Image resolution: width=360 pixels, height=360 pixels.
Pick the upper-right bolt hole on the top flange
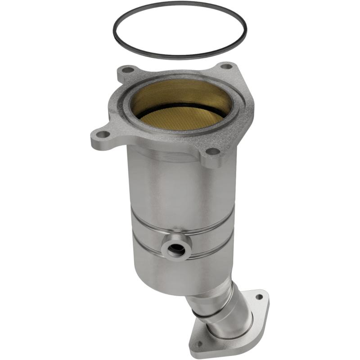point(227,67)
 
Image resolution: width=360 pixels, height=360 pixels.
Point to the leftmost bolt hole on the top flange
point(103,134)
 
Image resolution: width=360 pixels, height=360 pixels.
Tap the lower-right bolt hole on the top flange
point(212,152)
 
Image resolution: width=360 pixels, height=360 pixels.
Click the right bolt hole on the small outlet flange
point(259,297)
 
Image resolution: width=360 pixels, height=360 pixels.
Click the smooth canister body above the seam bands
point(180,189)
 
